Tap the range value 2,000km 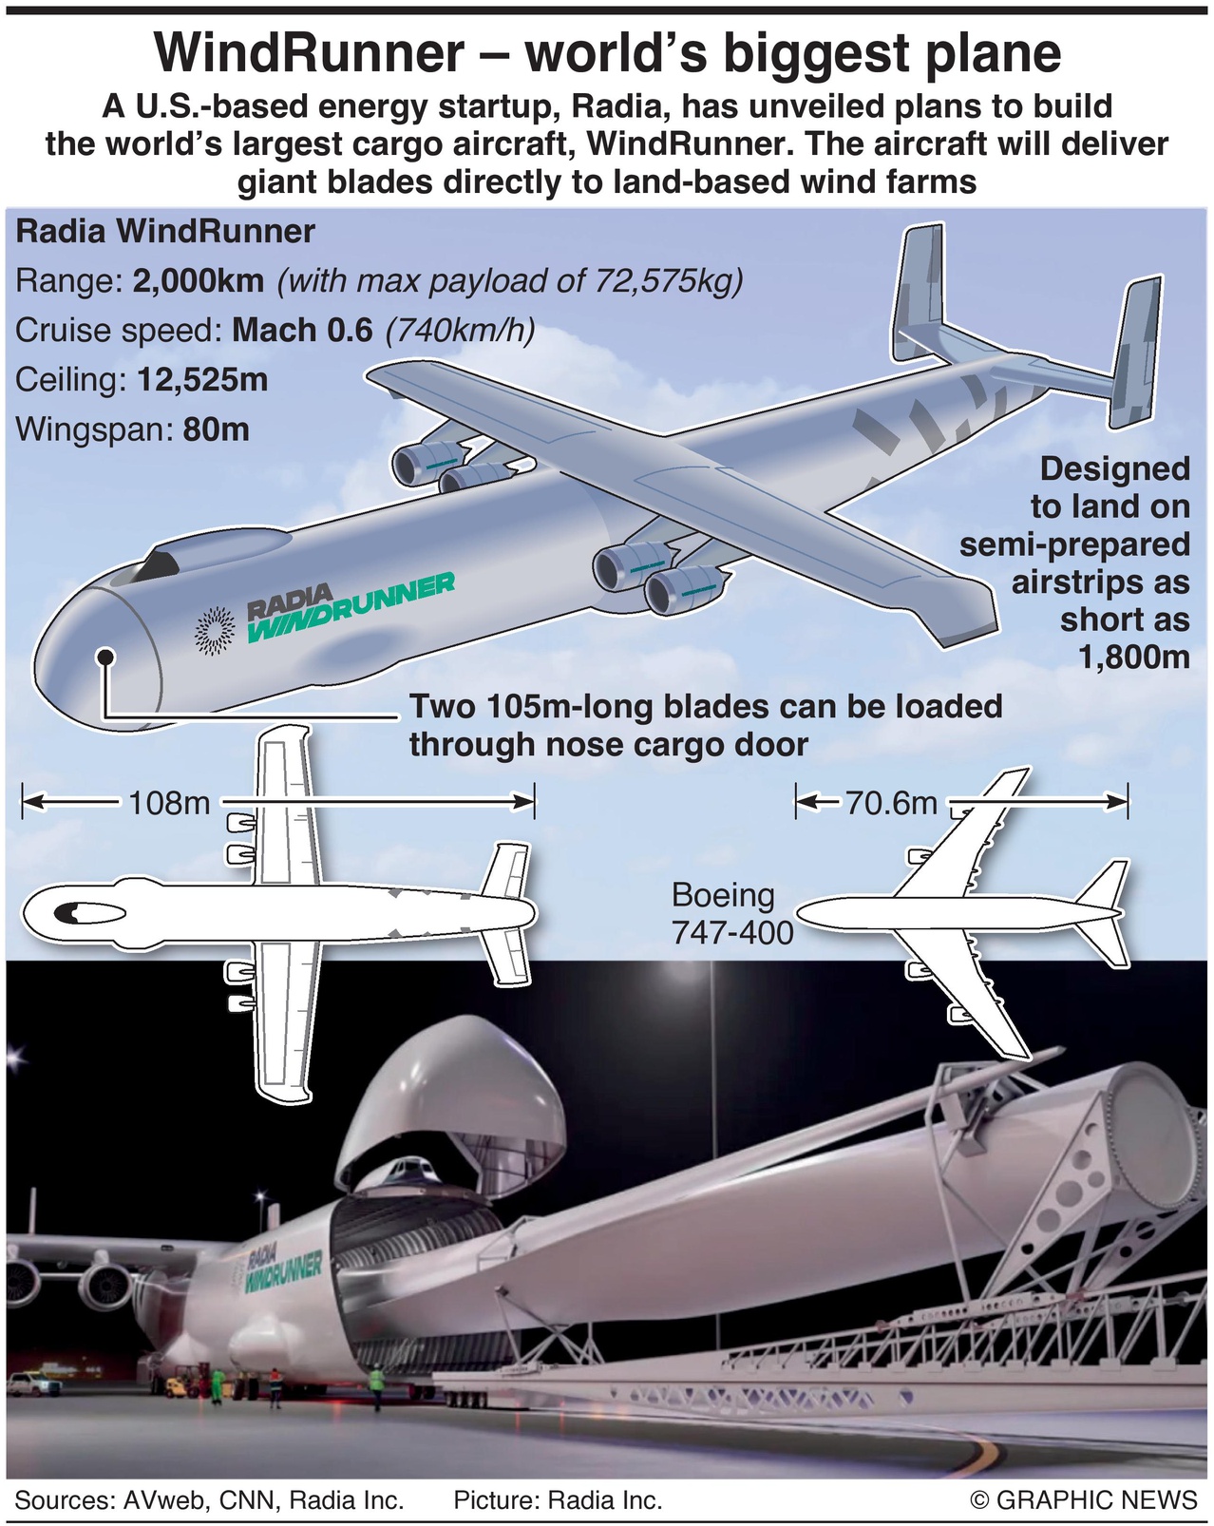199,281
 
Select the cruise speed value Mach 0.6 302,331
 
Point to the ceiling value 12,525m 202,380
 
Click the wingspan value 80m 216,429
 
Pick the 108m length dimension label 169,803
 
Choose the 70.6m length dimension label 891,804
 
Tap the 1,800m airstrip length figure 1134,657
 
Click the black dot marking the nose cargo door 105,657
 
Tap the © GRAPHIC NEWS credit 1083,1500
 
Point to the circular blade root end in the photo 1148,1131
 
